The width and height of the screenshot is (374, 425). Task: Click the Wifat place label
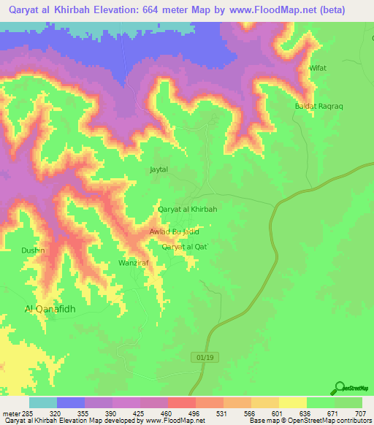[318, 68]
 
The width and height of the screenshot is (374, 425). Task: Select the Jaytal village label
[159, 169]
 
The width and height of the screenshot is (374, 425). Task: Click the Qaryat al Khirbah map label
[188, 209]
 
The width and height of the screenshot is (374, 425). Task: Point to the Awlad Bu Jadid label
[174, 231]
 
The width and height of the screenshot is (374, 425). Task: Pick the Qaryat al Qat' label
[186, 247]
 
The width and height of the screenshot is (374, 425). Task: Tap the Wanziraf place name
[134, 262]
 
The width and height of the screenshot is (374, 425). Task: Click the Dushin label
[34, 250]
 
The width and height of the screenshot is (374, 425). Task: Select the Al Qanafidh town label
[50, 309]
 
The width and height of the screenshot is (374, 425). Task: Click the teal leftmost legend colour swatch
[43, 402]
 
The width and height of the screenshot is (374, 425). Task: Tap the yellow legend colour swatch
[293, 402]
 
